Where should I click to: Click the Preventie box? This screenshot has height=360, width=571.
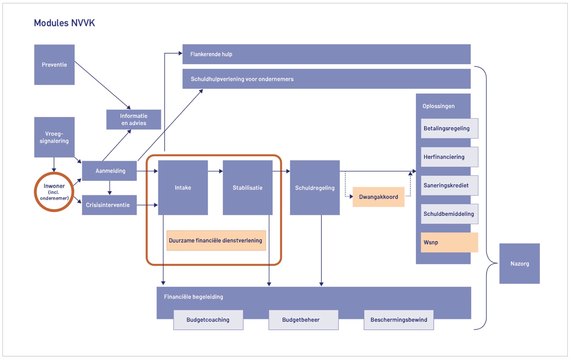coord(54,65)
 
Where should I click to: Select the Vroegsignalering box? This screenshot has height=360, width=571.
coord(54,137)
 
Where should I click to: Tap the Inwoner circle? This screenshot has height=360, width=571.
coord(54,192)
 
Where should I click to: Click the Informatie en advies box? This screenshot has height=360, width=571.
coord(133,120)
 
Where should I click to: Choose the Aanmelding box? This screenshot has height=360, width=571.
coord(109,171)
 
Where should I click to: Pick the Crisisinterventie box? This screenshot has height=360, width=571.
coord(109,205)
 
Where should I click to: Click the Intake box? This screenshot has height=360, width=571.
coord(183,188)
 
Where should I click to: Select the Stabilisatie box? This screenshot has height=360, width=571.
coord(247,188)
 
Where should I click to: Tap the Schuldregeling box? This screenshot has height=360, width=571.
coord(315,188)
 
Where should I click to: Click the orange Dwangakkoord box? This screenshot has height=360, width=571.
coord(378,197)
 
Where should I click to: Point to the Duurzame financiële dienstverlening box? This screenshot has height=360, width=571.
coord(216,240)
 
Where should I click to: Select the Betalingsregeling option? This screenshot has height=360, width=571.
coord(449,128)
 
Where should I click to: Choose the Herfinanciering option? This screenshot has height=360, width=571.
coord(449,157)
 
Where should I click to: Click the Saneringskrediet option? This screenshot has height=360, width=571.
coord(449,185)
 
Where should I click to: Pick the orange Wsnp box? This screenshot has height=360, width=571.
coord(449,243)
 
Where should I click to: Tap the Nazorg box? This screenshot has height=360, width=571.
coord(519,264)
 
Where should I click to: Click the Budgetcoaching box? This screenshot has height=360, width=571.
coord(208,320)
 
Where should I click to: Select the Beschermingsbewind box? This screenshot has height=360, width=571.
coord(399,320)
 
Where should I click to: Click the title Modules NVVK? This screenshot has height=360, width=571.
coord(65,23)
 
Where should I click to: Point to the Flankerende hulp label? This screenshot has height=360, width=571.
coord(211,55)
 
